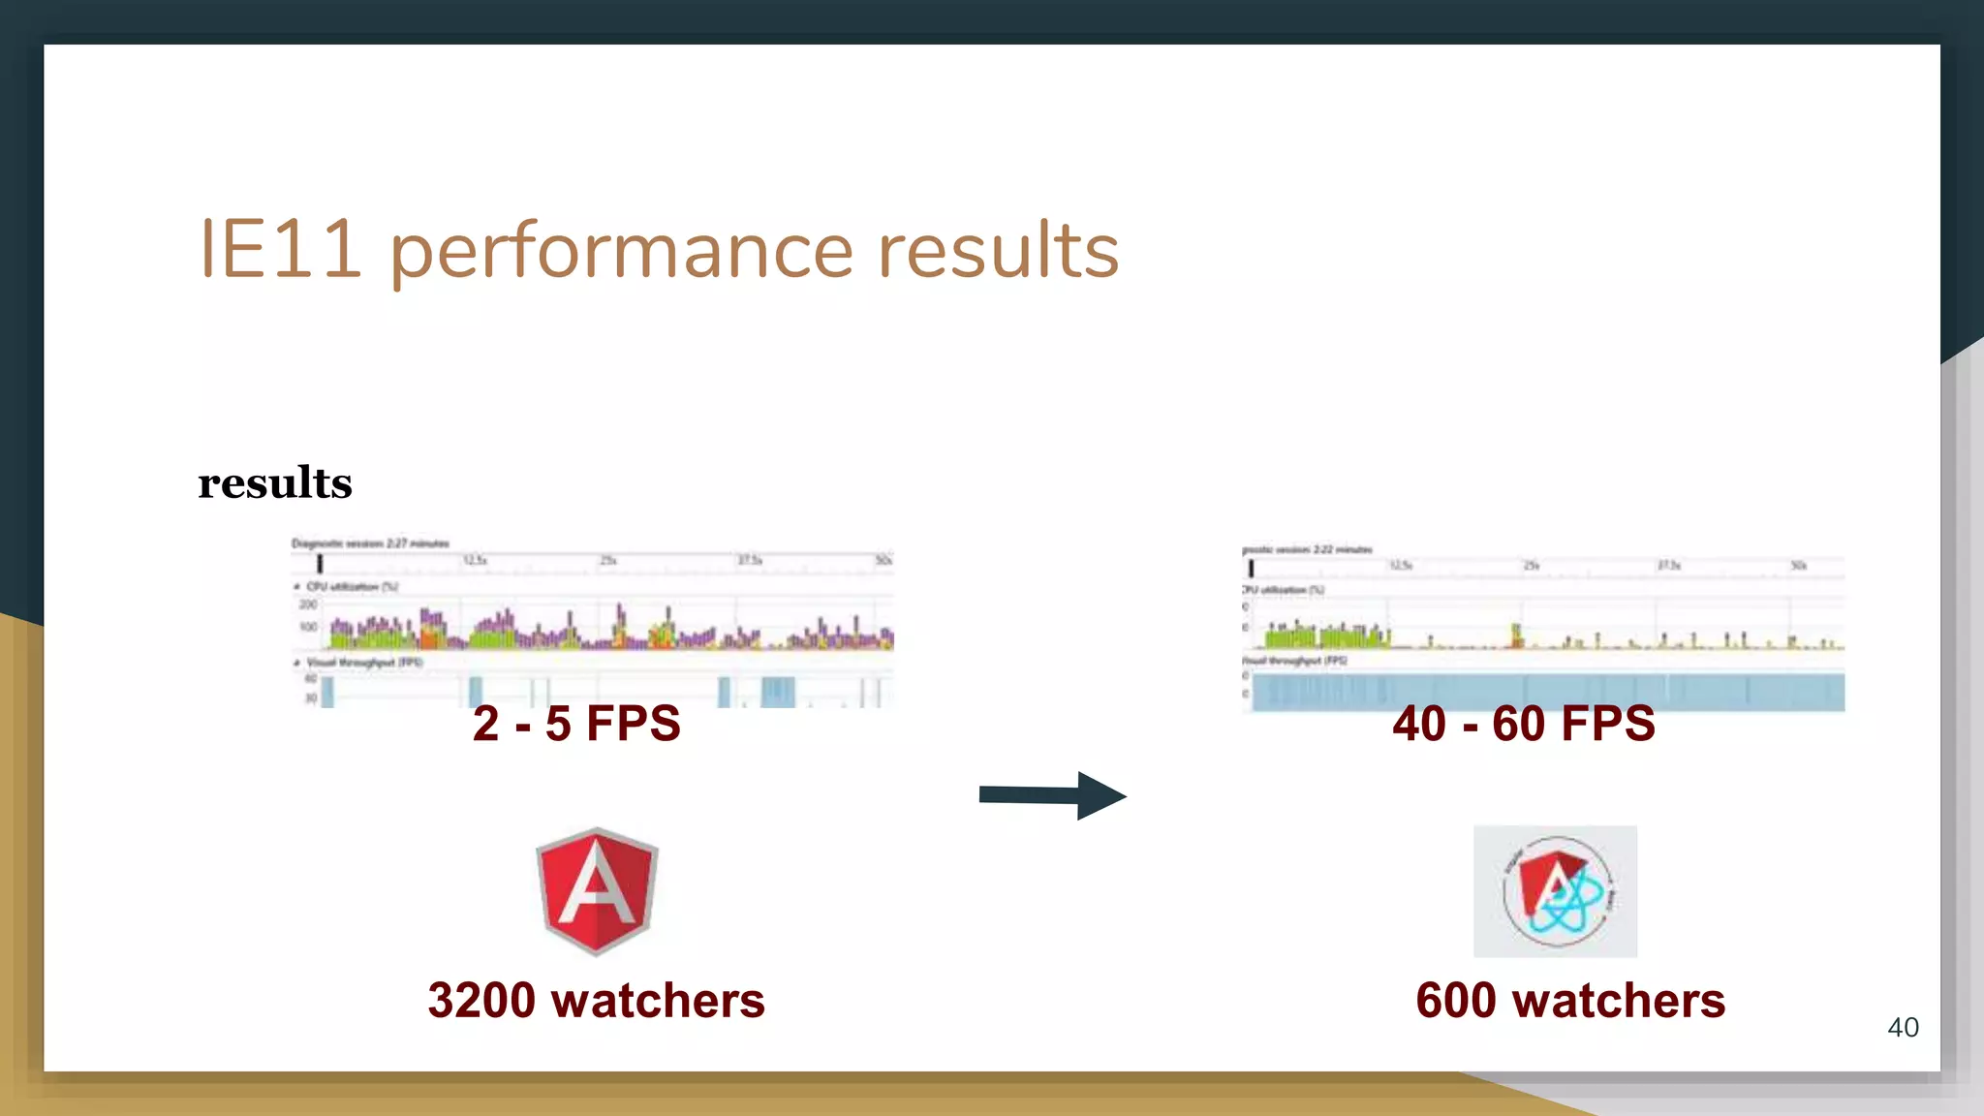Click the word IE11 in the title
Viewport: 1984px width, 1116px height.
[x=281, y=250]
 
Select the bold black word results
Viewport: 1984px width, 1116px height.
[x=275, y=483]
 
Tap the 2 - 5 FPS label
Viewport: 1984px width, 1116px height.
[x=576, y=724]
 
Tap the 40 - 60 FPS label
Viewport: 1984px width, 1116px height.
[x=1524, y=724]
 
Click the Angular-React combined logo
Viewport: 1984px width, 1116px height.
[x=1555, y=891]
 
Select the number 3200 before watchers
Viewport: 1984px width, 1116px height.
[x=482, y=1001]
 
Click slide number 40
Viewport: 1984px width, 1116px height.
[x=1903, y=1028]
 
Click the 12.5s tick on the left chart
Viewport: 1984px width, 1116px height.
[x=475, y=561]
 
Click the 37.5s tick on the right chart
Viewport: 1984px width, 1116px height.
[x=1668, y=565]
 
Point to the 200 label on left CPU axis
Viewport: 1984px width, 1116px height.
[x=308, y=604]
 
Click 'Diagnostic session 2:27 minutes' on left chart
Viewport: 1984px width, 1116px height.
[x=370, y=543]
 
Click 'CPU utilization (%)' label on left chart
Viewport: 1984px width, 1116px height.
[x=352, y=587]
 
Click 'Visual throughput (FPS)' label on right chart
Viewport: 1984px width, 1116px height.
[x=1295, y=661]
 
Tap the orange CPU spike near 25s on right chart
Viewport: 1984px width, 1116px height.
[x=1517, y=635]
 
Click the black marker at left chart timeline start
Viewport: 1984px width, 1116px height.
[x=320, y=563]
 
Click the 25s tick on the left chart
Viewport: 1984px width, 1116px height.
[x=607, y=561]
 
